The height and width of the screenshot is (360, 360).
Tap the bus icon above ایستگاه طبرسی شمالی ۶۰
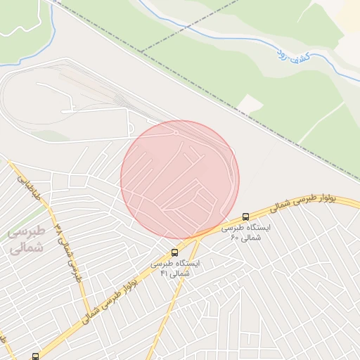point(245,217)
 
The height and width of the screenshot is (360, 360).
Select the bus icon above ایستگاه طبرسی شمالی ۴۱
point(174,252)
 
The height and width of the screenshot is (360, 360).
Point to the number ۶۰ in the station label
point(235,238)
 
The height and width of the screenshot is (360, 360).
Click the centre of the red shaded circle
point(180,179)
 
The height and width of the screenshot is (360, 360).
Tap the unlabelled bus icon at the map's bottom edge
point(36,356)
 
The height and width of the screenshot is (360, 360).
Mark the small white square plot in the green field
point(249,105)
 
